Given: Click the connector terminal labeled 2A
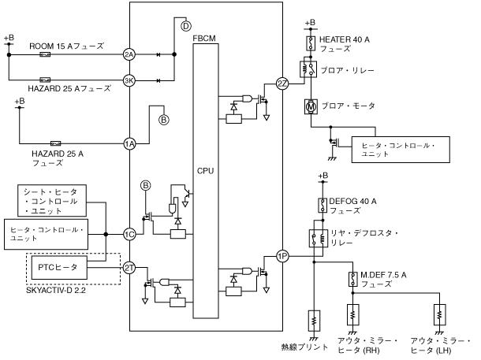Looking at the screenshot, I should (129, 54).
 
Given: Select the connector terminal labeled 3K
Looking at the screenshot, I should (129, 80).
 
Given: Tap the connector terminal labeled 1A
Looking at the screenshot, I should (129, 143).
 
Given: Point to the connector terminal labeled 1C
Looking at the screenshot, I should (129, 233).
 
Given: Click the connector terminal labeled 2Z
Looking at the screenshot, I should (282, 84).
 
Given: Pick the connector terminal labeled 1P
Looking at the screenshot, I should (282, 255).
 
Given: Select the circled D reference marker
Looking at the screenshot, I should (186, 26).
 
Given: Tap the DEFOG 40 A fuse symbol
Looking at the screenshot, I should (322, 206).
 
